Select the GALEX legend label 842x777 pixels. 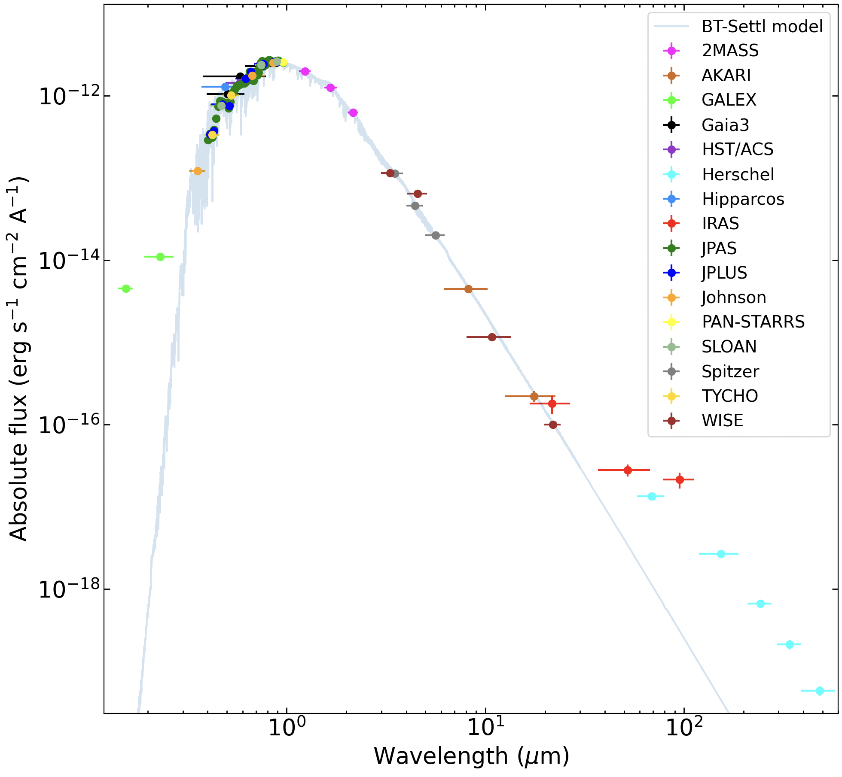(729, 100)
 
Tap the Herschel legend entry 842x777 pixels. (738, 175)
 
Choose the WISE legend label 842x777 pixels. (722, 421)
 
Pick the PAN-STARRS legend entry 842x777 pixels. (753, 322)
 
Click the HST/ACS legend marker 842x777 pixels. (671, 149)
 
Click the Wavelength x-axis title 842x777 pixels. (471, 756)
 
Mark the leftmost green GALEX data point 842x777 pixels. (126, 288)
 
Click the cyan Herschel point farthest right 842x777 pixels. (820, 691)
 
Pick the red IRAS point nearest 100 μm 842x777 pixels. (680, 480)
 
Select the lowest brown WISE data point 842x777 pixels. (553, 425)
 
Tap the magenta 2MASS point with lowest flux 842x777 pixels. (353, 112)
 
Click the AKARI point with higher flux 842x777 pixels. (468, 289)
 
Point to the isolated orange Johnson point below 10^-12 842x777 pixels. (198, 171)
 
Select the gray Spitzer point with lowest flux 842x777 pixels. (436, 235)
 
